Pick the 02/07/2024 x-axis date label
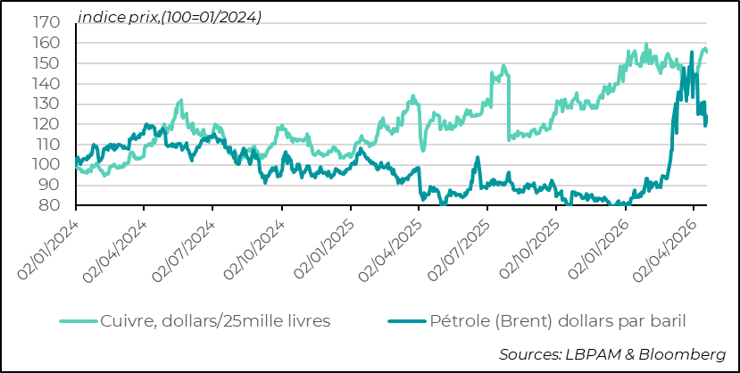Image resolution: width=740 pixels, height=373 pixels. pos(184,248)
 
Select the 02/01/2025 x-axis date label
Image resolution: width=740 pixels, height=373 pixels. pos(322,248)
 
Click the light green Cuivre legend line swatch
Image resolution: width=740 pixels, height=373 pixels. pos(79,320)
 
